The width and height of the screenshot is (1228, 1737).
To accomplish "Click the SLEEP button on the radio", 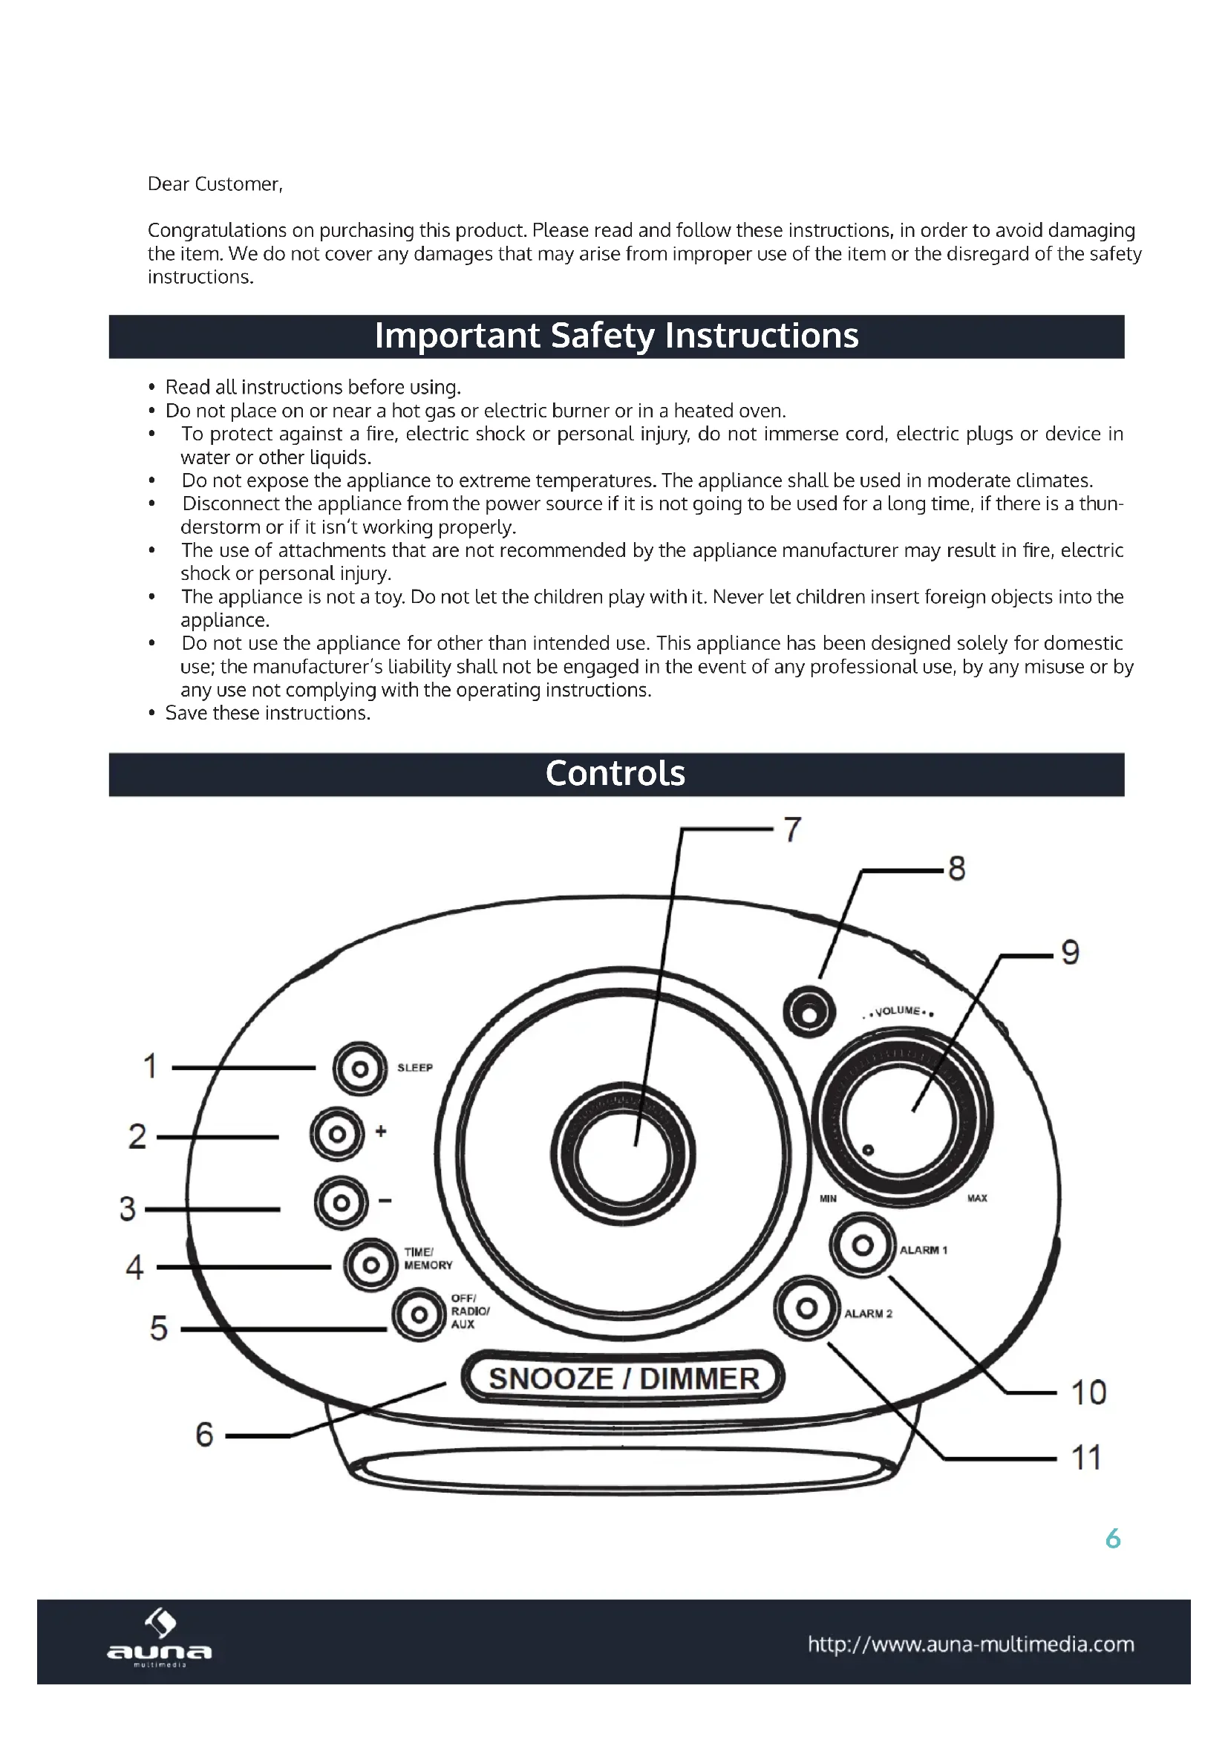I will click(360, 1068).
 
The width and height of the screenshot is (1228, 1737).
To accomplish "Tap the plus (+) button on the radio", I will click(337, 1134).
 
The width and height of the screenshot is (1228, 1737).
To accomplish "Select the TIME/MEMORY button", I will click(370, 1264).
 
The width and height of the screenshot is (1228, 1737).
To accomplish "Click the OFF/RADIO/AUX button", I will click(418, 1316).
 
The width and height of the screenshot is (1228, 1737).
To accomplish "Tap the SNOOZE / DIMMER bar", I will click(623, 1378).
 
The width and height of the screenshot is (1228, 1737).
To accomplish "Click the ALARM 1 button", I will click(862, 1245).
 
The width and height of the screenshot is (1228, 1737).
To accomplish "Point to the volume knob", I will click(901, 1115).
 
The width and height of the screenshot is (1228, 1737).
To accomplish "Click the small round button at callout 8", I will click(809, 1012).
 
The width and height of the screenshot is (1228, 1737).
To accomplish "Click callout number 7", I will click(791, 830).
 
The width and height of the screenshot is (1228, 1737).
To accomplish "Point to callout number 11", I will click(1087, 1458).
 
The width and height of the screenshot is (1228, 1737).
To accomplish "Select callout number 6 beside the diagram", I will click(204, 1435).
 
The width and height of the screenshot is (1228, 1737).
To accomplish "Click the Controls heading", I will click(615, 774).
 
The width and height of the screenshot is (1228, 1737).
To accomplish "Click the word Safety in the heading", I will click(602, 336).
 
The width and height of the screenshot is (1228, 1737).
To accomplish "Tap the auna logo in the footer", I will click(160, 1637).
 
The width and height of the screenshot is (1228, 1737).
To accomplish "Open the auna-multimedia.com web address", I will click(971, 1644).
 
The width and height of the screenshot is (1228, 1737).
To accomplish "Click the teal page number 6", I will click(1112, 1539).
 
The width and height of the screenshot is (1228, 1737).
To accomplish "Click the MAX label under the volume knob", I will click(977, 1199).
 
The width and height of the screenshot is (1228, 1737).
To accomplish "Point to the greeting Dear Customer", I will click(215, 184).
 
